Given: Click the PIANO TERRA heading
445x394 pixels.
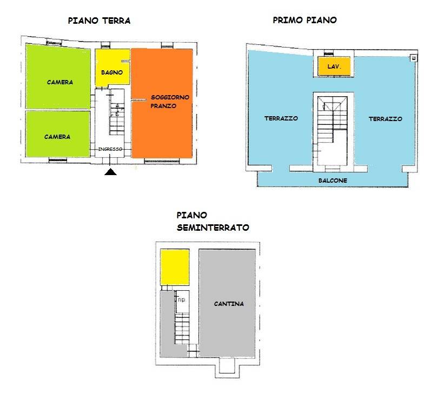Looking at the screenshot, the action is (x=99, y=21).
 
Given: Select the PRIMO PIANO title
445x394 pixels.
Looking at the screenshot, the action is (x=305, y=20).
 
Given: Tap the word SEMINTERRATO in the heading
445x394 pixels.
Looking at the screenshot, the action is (x=213, y=228).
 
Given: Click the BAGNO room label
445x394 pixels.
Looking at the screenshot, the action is (x=112, y=72).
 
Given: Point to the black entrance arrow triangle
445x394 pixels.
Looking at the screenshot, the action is (x=110, y=172).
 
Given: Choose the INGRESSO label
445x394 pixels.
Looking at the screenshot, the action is (x=110, y=149).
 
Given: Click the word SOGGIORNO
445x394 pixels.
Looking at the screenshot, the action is (x=170, y=97).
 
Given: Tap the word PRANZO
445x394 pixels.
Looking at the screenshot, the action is (x=163, y=106).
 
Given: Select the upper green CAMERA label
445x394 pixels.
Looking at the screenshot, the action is (x=60, y=82).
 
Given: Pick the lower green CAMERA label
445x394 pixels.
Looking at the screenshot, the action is (x=57, y=137).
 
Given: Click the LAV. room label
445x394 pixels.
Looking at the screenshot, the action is (x=334, y=66).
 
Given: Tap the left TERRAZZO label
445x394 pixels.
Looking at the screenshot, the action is (x=281, y=118).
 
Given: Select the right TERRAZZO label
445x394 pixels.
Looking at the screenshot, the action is (x=386, y=119).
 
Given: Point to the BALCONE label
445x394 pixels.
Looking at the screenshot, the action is (x=333, y=181).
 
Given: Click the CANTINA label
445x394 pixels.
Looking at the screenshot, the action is (x=229, y=304).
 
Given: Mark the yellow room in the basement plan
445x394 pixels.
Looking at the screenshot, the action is (x=175, y=267).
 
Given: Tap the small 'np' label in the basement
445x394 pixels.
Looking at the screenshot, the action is (x=182, y=299).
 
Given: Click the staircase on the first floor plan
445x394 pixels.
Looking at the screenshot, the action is (x=333, y=119).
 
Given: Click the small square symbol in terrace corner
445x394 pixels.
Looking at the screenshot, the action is (x=414, y=58).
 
